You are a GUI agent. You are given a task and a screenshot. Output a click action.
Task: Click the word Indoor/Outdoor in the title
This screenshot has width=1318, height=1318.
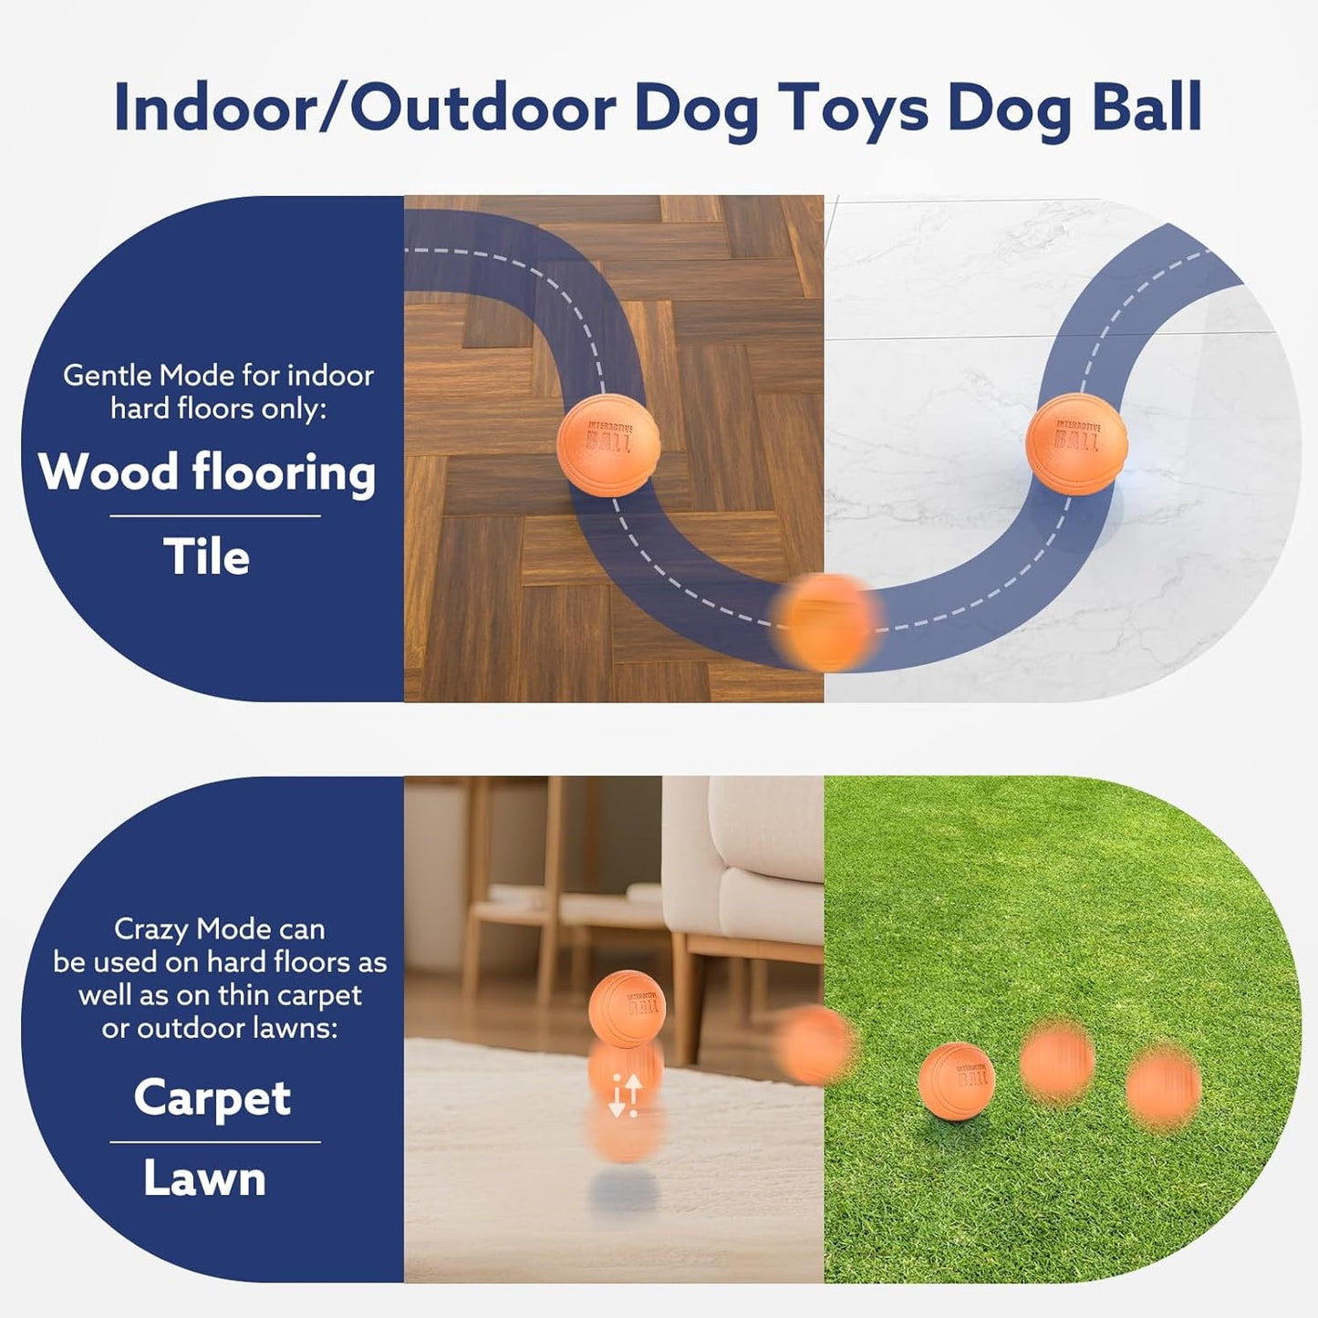365,109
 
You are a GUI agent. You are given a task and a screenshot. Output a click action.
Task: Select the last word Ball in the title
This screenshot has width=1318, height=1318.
1147,107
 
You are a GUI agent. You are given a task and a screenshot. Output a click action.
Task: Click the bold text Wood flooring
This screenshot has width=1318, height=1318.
207,472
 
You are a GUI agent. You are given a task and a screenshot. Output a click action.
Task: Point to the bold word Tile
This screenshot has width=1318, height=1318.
206,556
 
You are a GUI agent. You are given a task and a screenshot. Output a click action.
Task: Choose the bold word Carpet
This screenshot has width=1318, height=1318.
213,1097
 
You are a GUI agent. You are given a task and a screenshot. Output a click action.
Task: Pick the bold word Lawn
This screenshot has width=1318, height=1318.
204,1178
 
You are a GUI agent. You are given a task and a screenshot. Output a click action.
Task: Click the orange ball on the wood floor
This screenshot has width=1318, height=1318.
608,446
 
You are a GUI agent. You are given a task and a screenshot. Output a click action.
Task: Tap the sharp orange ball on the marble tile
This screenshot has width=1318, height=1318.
1077,443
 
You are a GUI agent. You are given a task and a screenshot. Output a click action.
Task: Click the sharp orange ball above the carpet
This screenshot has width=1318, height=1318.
627,1009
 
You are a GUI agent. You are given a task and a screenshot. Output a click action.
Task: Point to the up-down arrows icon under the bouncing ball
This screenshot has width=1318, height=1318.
626,1095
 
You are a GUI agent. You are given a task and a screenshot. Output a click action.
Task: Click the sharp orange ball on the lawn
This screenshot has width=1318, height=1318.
956,1080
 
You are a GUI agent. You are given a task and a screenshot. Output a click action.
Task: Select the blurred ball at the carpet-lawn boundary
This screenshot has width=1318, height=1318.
815,1044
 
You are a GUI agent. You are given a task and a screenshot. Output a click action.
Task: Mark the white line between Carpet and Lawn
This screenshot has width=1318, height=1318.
215,1141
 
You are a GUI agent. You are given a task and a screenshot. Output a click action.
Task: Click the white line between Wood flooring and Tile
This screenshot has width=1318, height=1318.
215,516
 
